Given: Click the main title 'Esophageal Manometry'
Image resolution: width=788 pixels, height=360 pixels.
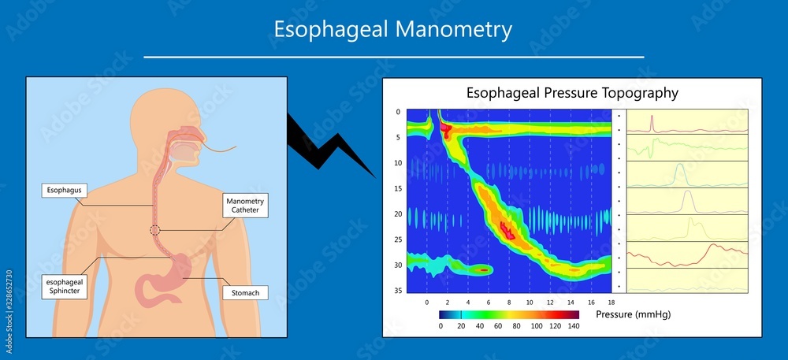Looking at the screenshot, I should click(x=393, y=30).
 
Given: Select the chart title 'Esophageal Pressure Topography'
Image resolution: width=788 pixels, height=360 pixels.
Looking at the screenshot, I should click(x=572, y=92).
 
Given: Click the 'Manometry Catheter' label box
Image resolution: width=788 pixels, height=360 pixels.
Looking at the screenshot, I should click(x=245, y=206).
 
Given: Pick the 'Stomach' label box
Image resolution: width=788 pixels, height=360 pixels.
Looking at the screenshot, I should click(x=245, y=293).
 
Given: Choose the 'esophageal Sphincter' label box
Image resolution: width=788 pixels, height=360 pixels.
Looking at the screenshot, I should click(x=65, y=286).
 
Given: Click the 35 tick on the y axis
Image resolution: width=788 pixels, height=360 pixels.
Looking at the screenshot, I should click(x=398, y=291).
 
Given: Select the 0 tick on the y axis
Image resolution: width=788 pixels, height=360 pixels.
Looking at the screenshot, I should click(x=399, y=112).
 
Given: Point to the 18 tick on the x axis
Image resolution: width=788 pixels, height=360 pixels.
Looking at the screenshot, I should click(x=611, y=302).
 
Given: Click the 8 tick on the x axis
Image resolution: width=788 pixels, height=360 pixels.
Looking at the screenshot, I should click(x=509, y=302).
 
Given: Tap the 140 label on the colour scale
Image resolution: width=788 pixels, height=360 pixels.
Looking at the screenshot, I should click(x=573, y=325).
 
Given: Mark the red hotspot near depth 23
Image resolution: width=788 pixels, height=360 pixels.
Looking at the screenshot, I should click(x=507, y=231).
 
